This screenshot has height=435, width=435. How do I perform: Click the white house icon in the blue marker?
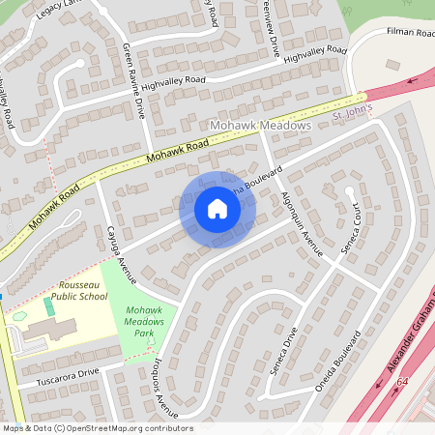[x=217, y=209]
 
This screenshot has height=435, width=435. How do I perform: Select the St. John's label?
[x=352, y=114]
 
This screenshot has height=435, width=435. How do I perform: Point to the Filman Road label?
[x=412, y=32]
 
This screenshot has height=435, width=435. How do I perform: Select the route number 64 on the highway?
[x=402, y=383]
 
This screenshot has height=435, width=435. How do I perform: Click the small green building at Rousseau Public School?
[x=48, y=306]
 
